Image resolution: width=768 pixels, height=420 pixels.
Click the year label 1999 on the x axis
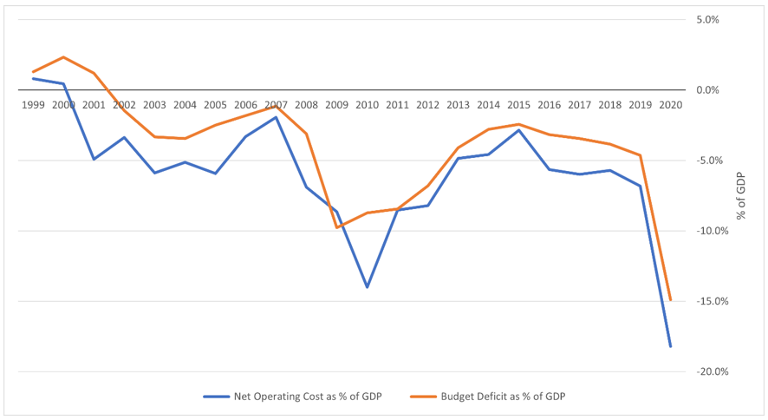point(33,105)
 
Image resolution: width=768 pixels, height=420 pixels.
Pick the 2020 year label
point(670,105)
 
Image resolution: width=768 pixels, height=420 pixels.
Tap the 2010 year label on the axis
point(367,105)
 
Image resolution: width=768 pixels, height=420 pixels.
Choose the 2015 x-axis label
point(518,105)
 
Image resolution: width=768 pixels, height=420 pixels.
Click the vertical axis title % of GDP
point(741,195)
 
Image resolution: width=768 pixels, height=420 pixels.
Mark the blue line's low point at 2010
point(367,287)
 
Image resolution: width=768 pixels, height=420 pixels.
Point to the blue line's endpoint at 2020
point(670,346)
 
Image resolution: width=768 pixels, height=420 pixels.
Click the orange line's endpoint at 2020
point(670,300)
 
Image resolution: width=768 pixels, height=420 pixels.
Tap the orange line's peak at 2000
point(63,57)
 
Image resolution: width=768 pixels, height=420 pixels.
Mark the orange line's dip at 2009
point(336,227)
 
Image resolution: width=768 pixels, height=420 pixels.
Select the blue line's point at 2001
point(94,159)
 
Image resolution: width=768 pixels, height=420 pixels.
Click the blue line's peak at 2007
point(276,117)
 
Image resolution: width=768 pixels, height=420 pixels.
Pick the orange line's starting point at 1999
point(33,72)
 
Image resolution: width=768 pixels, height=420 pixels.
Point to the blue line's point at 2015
point(518,130)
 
